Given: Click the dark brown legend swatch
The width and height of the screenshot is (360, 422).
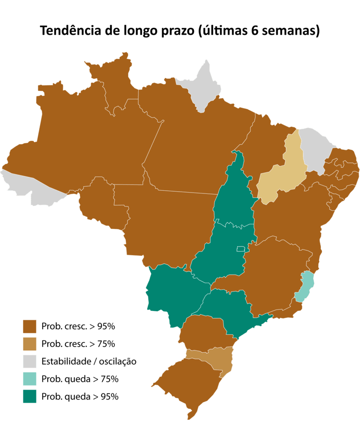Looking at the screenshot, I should coord(30,326).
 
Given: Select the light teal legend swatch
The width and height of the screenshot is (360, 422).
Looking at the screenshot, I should coord(30,379).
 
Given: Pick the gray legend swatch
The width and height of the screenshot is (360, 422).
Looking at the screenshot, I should coord(30,362).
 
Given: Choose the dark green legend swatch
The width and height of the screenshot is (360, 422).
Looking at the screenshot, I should coord(30,397).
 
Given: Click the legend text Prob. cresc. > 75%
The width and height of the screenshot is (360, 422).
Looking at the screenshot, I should coord(78,344).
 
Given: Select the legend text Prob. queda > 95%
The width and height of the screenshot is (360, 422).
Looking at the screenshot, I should coord(80,397).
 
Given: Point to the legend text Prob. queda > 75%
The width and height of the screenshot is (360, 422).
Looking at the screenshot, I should coord(80,379).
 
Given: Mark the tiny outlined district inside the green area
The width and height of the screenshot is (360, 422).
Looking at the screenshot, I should coord(240,249).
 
